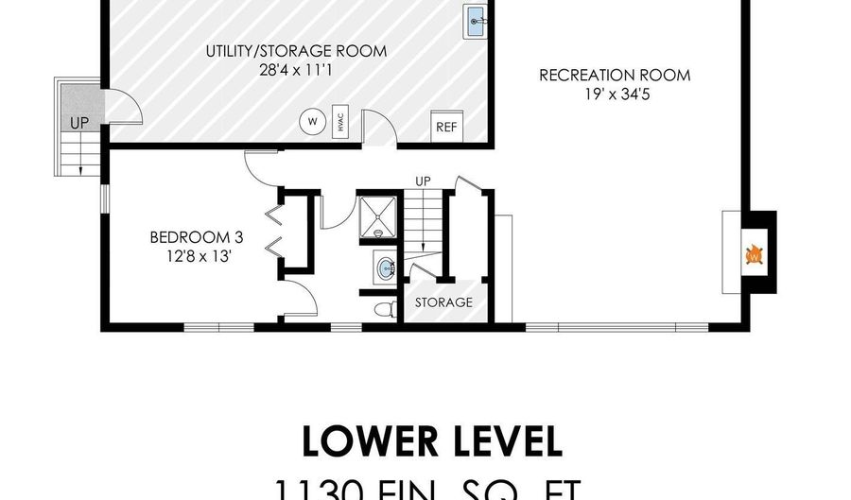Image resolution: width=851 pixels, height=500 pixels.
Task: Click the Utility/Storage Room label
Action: tap(296, 51)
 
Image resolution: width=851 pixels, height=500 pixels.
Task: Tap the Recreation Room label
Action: tap(615, 75)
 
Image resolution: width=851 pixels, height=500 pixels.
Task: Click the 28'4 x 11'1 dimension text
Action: tap(296, 69)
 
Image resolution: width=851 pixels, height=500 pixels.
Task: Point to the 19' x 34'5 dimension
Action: tap(615, 93)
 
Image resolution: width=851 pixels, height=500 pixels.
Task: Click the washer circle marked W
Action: tap(310, 121)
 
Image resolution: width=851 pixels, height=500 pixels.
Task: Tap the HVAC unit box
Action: tap(339, 124)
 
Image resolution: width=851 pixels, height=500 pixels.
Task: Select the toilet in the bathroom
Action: tap(382, 310)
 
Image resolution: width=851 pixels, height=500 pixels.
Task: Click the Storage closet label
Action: tap(443, 302)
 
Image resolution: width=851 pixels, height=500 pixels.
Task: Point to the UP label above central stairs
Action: tap(424, 181)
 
